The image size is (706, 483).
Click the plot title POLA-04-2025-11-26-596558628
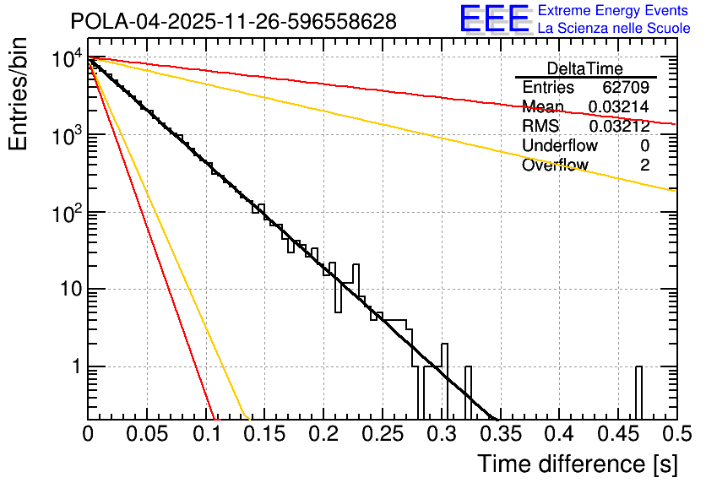click(x=233, y=22)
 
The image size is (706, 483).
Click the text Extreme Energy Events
click(x=613, y=11)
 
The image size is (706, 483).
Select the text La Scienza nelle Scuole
click(x=613, y=29)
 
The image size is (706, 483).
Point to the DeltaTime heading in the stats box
click(x=584, y=68)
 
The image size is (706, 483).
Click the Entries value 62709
click(x=626, y=88)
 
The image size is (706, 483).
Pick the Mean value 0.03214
click(x=619, y=107)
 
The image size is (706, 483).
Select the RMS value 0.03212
click(x=619, y=127)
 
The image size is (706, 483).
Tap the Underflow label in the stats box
click(x=559, y=146)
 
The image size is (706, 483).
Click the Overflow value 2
click(x=644, y=166)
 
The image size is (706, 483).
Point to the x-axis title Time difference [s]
click(x=576, y=464)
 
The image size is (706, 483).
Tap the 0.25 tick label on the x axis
click(x=383, y=434)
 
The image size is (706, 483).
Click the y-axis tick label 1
click(x=74, y=367)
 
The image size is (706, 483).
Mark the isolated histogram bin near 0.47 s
click(x=638, y=392)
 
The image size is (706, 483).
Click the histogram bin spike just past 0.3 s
click(x=445, y=380)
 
